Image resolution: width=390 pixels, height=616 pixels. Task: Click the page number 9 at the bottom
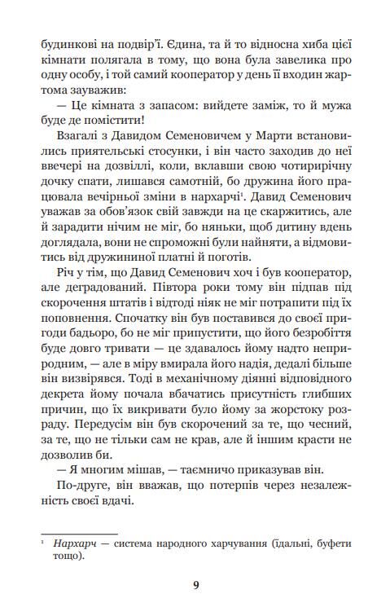tap(195, 584)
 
